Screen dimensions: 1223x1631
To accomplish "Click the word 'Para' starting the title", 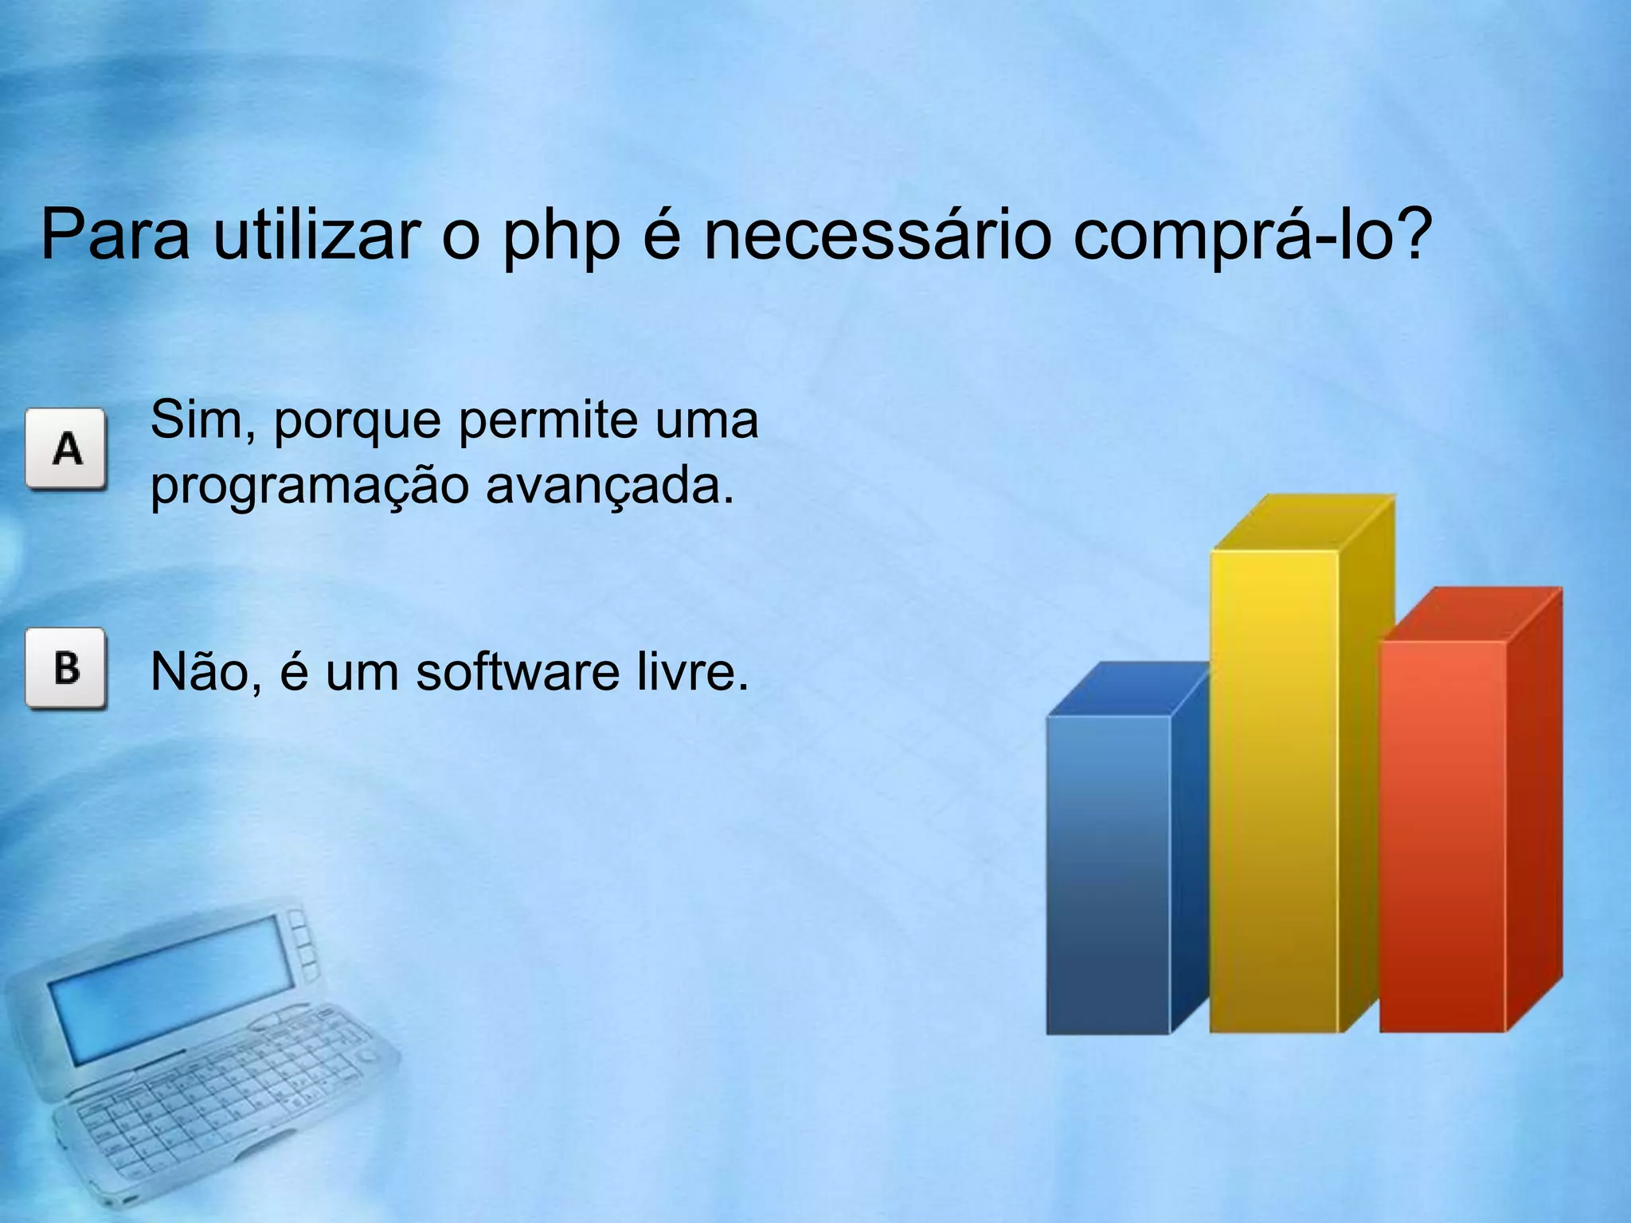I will tap(115, 235).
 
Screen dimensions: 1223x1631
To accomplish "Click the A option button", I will tap(66, 448).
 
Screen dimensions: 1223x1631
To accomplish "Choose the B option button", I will tap(66, 667).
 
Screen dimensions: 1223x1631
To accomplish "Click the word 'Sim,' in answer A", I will tap(202, 420).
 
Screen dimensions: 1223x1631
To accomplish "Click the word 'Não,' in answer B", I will tap(205, 671).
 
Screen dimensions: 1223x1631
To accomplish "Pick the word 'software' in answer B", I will tap(518, 671).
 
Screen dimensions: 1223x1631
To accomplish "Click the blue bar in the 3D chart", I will tap(1109, 876).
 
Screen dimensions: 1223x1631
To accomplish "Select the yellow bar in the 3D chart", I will tap(1274, 796).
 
